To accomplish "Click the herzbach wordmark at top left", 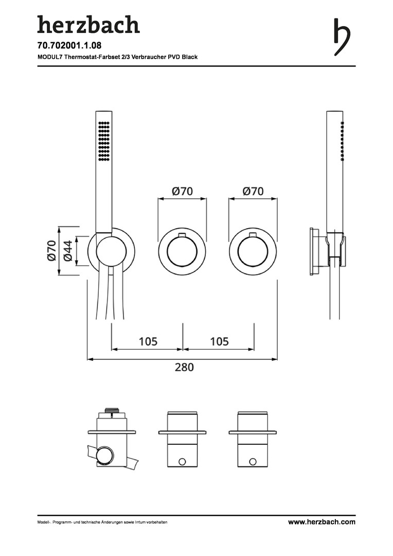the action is tap(88, 24).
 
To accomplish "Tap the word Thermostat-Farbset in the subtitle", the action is tap(90, 57).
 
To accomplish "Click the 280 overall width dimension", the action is tap(184, 367).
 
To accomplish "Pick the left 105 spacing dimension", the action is tap(148, 341).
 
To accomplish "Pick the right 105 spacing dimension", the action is tap(219, 341).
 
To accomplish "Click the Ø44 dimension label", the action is tap(67, 250).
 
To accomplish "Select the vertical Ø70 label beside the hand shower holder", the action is tap(51, 250).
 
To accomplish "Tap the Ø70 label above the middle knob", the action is tap(182, 191).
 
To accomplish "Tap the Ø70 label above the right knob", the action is tap(253, 191).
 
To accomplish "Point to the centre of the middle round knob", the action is tap(182, 252).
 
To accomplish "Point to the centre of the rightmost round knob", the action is tap(253, 252).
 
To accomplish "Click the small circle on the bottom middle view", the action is tap(182, 461).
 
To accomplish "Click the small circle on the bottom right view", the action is tap(253, 461).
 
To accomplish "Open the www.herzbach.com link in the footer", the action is tap(322, 522).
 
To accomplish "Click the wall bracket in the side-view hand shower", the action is tap(315, 252).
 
